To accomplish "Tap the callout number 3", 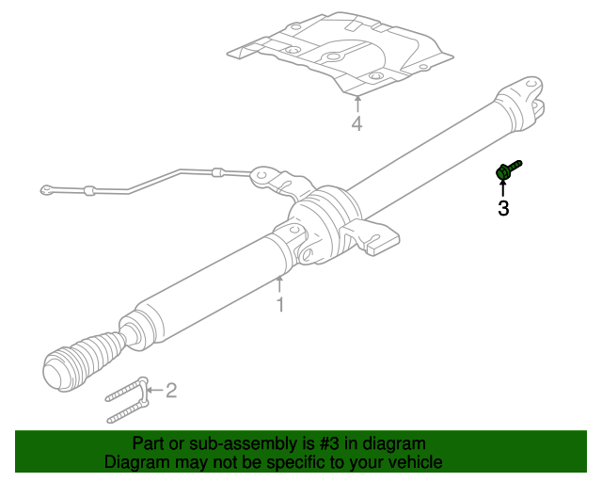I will click(503, 209).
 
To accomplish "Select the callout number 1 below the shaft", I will click(279, 304).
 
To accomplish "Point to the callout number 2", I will click(171, 389).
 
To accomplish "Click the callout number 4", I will click(356, 123).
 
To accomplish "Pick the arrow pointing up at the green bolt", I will click(502, 188).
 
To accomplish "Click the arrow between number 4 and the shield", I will click(356, 103).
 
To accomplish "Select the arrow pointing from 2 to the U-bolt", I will click(155, 389).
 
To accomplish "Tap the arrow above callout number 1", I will click(279, 283).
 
